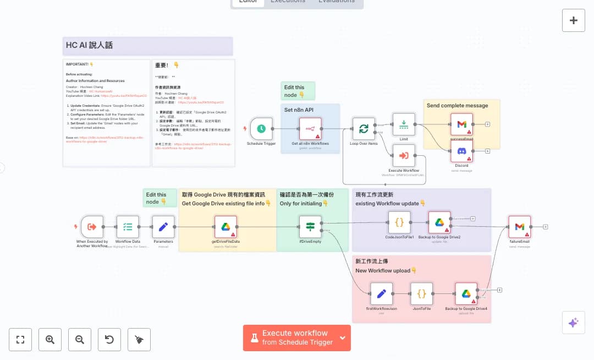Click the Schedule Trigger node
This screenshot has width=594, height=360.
(261, 128)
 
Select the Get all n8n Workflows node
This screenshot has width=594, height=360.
(310, 128)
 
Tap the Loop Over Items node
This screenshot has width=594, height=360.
(364, 128)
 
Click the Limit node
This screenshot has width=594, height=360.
(404, 124)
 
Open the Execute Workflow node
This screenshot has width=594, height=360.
(404, 155)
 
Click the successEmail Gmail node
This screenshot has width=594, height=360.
(461, 124)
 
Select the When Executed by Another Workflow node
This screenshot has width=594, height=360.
(92, 226)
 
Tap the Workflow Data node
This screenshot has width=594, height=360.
(128, 226)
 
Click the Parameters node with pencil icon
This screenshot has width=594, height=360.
(163, 226)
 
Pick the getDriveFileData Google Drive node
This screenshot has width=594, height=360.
(226, 226)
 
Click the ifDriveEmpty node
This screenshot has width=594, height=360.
(310, 226)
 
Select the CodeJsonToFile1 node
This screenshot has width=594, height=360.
(399, 222)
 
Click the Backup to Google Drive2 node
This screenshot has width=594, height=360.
(439, 222)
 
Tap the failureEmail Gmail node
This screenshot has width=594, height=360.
(520, 226)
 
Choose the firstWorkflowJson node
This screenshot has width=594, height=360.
(381, 294)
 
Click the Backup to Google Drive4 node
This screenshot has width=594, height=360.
(466, 294)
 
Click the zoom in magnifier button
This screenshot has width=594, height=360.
(50, 340)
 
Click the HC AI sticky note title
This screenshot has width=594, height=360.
(89, 45)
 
